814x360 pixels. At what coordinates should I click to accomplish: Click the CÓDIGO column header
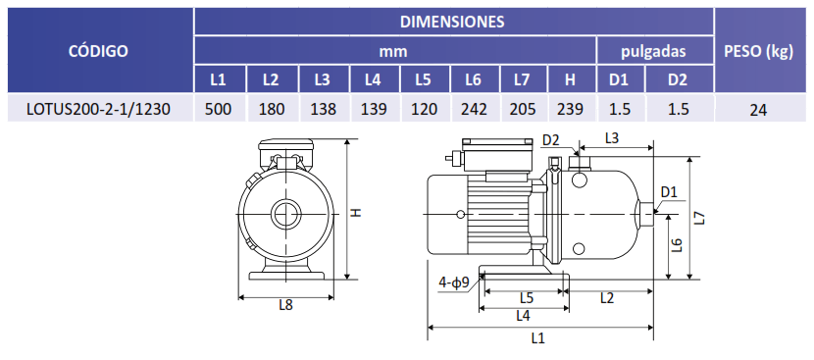pyautogui.click(x=98, y=51)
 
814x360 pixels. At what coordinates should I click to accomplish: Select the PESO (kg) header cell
pyautogui.click(x=758, y=51)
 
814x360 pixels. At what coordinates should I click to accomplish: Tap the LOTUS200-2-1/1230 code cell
pyautogui.click(x=98, y=109)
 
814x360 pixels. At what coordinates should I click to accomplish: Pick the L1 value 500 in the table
pyautogui.click(x=219, y=109)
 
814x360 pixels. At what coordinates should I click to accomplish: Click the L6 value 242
pyautogui.click(x=474, y=109)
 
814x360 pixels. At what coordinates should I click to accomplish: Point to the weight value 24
pyautogui.click(x=758, y=110)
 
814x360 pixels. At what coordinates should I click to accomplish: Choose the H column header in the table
pyautogui.click(x=570, y=80)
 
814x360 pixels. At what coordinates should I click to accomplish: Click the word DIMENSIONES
pyautogui.click(x=452, y=22)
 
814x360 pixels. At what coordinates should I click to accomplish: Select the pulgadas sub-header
pyautogui.click(x=653, y=51)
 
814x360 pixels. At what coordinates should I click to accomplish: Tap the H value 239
pyautogui.click(x=570, y=109)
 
